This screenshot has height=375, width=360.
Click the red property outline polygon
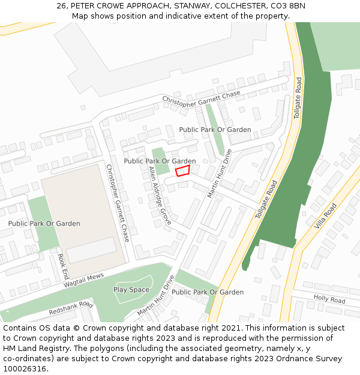[x=182, y=171]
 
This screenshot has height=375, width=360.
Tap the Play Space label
[x=131, y=290]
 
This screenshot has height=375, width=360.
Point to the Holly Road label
[x=329, y=299]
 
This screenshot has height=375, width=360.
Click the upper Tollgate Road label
[x=298, y=98]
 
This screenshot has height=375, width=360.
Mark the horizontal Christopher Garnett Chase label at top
[x=201, y=99]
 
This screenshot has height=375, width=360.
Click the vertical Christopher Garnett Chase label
[x=118, y=203]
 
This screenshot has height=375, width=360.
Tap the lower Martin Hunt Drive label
[x=155, y=296]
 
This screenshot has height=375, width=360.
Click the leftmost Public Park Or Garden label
[x=44, y=224]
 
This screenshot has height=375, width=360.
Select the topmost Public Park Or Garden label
[x=215, y=130]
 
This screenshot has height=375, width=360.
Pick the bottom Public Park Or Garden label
[x=208, y=292]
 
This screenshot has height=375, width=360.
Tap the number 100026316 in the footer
[x=25, y=369]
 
